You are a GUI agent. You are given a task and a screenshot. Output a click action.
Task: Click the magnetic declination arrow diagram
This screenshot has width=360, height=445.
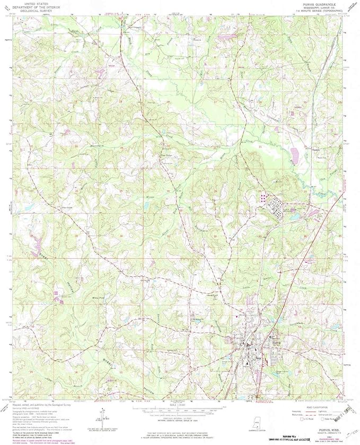pyautogui.click(x=100, y=414)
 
